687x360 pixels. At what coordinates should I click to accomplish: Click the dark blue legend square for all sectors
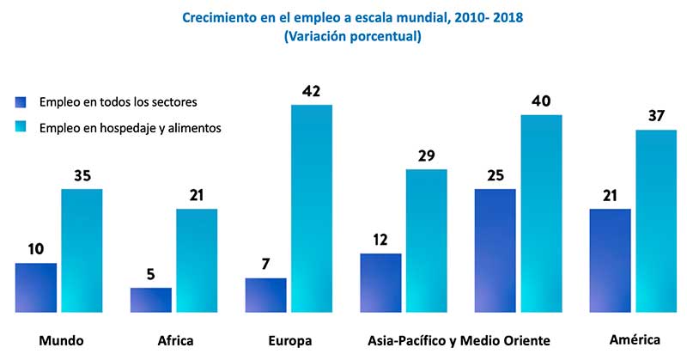tap(22, 101)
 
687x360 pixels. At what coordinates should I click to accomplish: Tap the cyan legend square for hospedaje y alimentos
tap(22, 127)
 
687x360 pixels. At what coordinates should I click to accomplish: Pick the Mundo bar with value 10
tap(36, 287)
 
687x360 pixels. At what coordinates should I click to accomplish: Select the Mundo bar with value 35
tap(82, 250)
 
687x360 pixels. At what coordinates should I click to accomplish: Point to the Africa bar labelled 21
tap(197, 259)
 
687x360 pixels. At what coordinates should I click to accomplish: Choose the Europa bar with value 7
tap(266, 295)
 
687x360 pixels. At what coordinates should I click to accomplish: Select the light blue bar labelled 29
tap(427, 240)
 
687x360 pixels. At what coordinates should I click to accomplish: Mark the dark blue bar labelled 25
tap(495, 250)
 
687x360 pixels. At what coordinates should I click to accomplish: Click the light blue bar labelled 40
tap(542, 212)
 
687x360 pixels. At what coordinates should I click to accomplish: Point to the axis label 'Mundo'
tap(61, 340)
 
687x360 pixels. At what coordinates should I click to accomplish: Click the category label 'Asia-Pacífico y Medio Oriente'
tap(458, 340)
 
